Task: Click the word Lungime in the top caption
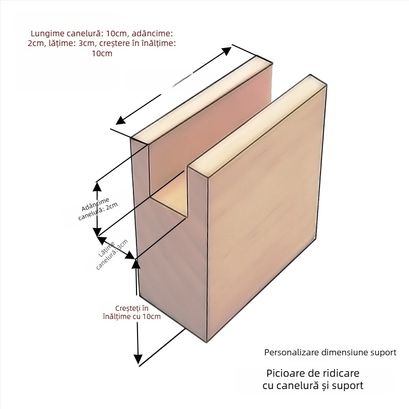[47, 33]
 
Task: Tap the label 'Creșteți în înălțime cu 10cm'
[131, 312]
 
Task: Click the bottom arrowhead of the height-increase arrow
[138, 359]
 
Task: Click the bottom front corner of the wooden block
[206, 342]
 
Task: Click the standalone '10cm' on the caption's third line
[102, 54]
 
